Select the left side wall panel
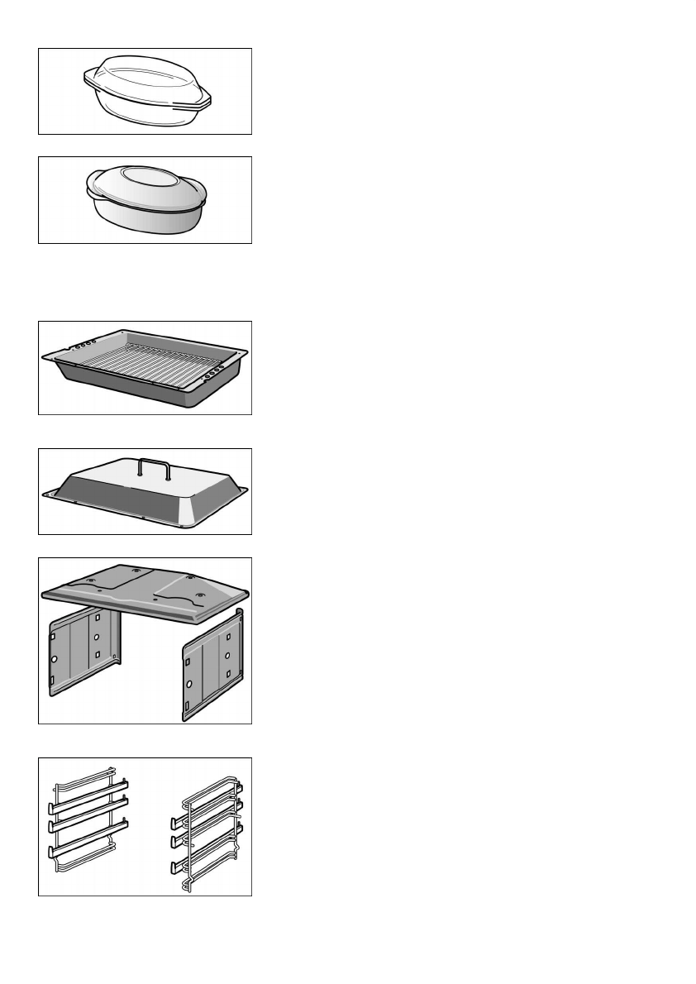(83, 653)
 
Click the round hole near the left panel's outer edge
(54, 660)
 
